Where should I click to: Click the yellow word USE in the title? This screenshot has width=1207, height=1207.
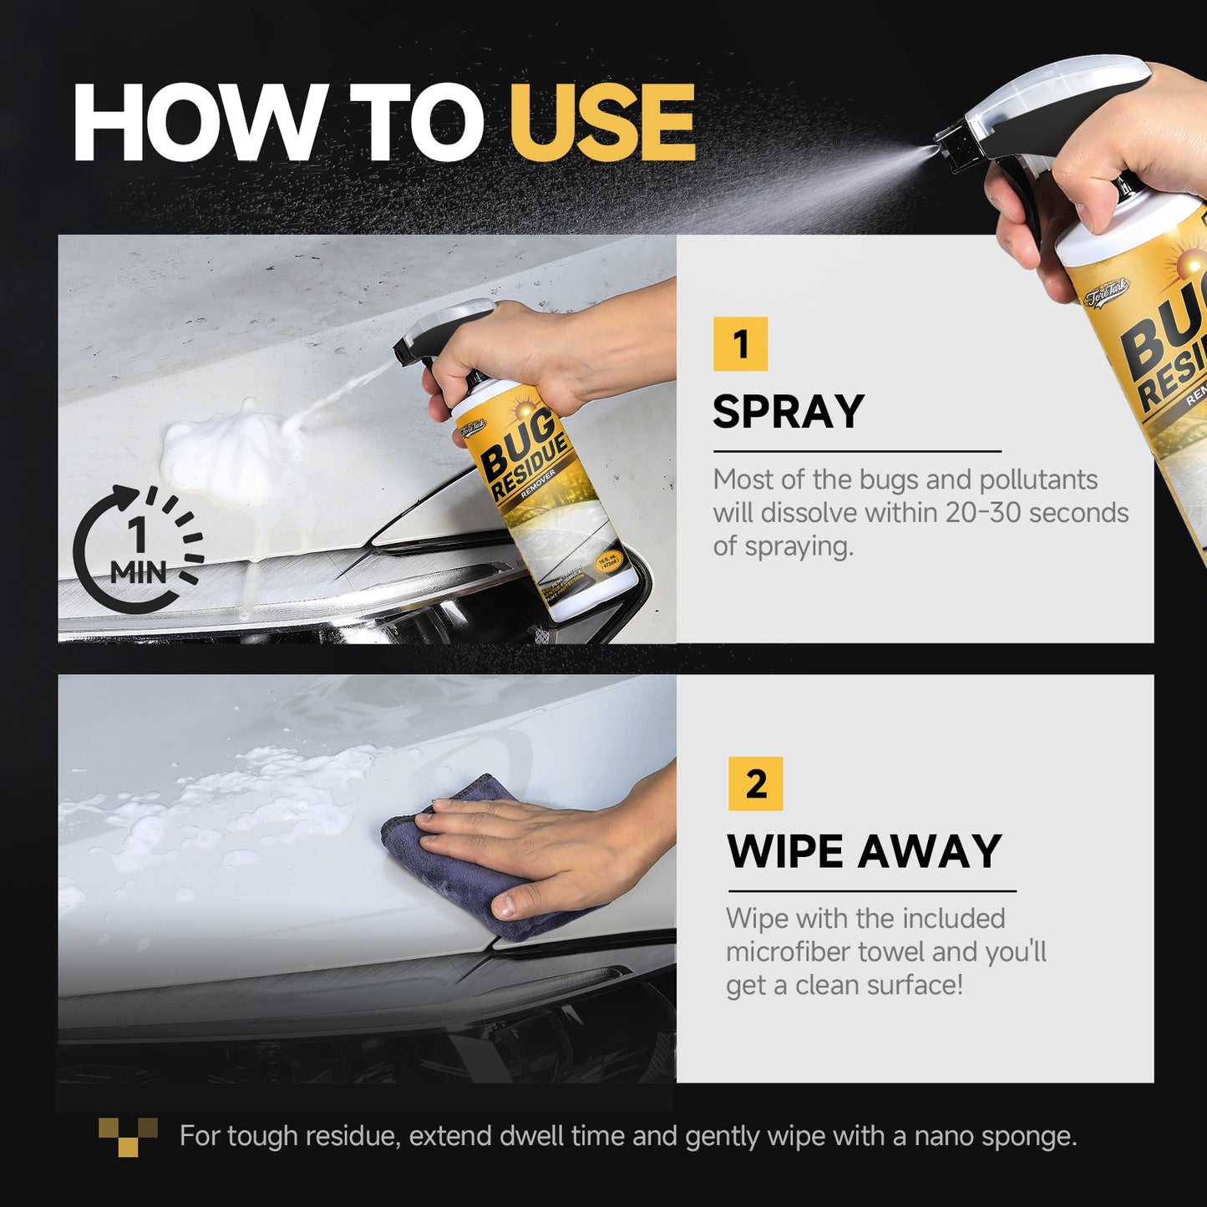click(x=602, y=123)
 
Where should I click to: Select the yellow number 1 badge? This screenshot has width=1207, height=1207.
click(x=740, y=343)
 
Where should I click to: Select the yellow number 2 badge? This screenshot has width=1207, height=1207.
click(x=755, y=784)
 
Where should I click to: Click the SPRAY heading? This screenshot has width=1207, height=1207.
click(x=788, y=412)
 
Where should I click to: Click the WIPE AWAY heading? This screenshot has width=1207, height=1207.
click(x=864, y=851)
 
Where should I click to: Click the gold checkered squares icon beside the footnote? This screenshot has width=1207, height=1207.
click(x=128, y=1137)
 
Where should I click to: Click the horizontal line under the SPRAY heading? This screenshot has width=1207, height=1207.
click(x=856, y=451)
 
